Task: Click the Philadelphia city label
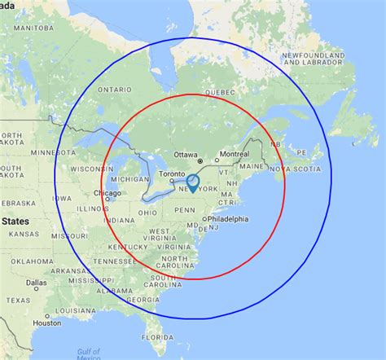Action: (227, 220)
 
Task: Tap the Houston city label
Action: (46, 323)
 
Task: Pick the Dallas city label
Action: (35, 283)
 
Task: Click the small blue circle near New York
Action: (192, 182)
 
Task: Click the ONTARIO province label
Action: (114, 90)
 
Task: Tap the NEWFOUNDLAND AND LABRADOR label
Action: (314, 58)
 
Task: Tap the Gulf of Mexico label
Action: (89, 353)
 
